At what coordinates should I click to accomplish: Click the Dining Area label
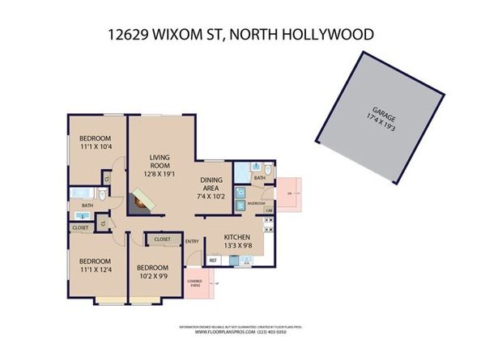click(215, 188)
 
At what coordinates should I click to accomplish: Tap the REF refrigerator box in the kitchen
click(214, 260)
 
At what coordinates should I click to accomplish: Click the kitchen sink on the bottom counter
click(240, 260)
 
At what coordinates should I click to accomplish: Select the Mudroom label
click(257, 204)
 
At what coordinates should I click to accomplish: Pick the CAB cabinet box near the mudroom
click(268, 210)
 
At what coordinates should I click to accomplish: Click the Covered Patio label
click(194, 282)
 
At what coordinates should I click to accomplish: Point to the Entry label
click(192, 241)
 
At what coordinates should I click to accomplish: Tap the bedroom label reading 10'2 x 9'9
click(151, 271)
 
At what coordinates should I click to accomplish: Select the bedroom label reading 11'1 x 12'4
click(94, 265)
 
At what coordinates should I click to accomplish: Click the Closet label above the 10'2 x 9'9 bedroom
click(162, 239)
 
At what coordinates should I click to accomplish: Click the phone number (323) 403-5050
click(282, 332)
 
